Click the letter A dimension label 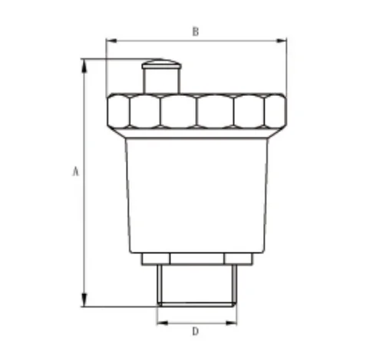(x=75, y=173)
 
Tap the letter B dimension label (x=195, y=31)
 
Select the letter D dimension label (x=195, y=332)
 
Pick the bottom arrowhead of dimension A (x=84, y=302)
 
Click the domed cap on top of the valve (x=160, y=63)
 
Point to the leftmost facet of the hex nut (x=119, y=111)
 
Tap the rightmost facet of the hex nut (x=274, y=111)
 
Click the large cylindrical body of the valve (x=196, y=196)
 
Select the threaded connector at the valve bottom (x=196, y=286)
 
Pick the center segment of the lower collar (x=196, y=259)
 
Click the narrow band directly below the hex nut (x=196, y=134)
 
